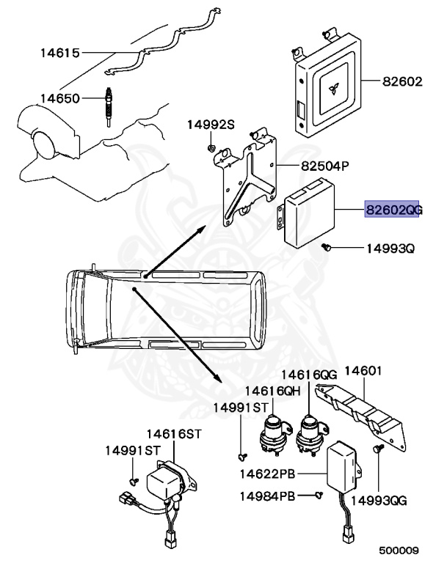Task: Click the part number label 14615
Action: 59,54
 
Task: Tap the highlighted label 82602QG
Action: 394,210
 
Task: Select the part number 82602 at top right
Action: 402,82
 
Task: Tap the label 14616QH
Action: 273,391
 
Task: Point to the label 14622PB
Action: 266,455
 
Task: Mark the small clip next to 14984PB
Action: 319,496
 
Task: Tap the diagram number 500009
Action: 399,549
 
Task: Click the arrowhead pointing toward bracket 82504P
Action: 199,230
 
